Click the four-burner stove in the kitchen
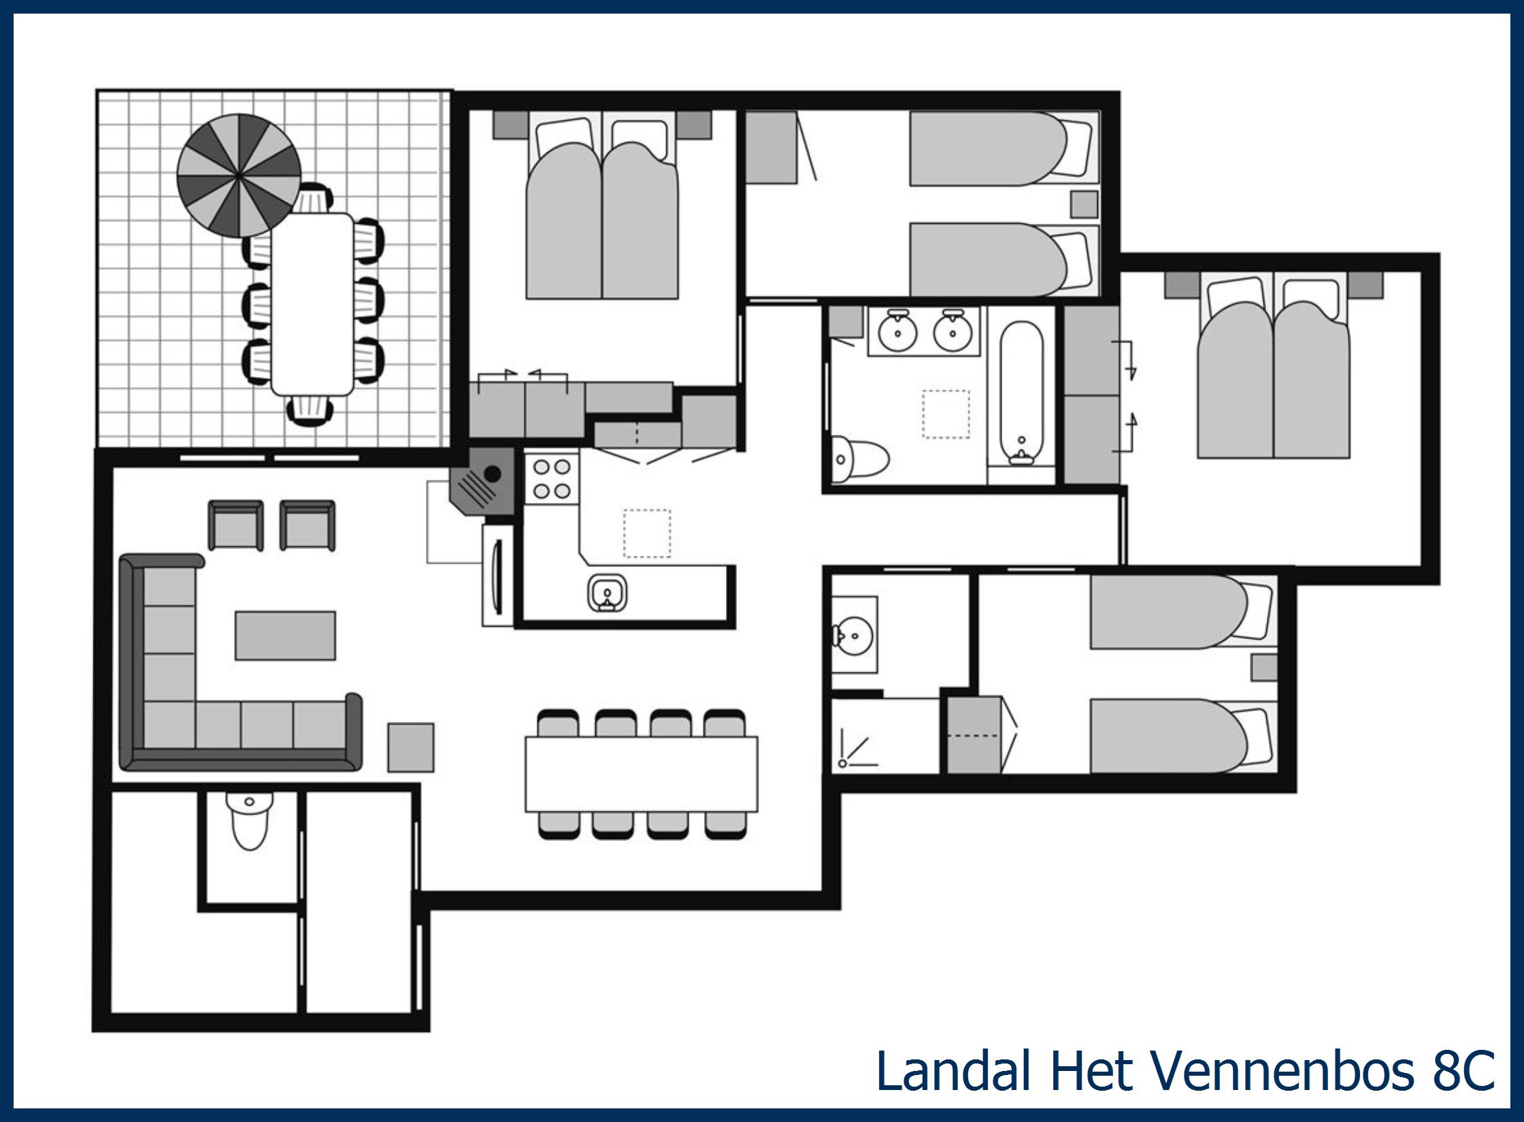[x=552, y=479]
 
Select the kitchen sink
[x=607, y=594]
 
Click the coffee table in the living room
[x=285, y=636]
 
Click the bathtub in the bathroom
[x=1021, y=393]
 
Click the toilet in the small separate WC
[x=250, y=822]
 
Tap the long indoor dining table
[x=641, y=774]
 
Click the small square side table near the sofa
[x=411, y=747]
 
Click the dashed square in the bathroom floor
[x=946, y=414]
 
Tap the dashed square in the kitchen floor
[x=646, y=533]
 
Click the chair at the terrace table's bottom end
[x=311, y=411]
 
